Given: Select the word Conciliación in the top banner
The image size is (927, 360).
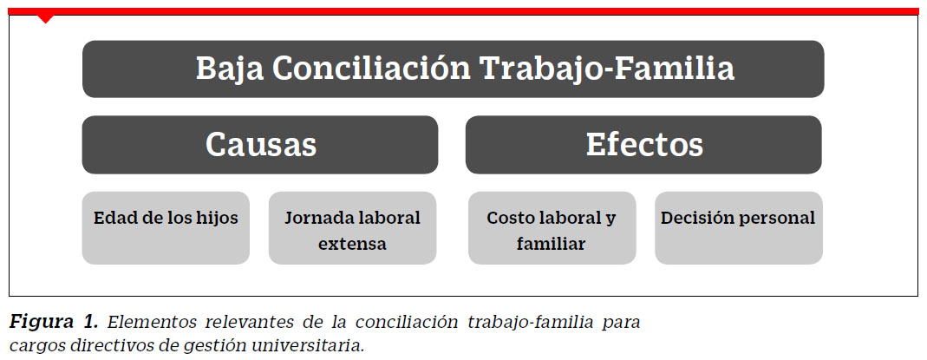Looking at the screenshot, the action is [371, 69].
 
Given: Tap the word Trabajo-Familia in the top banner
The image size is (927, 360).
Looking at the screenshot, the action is [607, 69].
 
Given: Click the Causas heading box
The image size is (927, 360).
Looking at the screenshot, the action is [260, 145].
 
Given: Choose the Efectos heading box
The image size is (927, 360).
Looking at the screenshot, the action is [643, 145].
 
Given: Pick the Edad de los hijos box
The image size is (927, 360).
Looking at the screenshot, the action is [166, 227].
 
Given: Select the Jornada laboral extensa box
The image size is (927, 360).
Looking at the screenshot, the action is [352, 227].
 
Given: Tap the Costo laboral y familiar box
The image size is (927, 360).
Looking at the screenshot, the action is [552, 227].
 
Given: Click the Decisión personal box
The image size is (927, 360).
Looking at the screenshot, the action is [739, 227].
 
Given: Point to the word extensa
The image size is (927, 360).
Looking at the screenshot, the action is [352, 244].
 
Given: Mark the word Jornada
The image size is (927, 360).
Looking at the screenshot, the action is [317, 218].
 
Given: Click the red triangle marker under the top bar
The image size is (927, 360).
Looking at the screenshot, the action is [45, 19].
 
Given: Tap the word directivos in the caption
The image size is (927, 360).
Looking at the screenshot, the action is [109, 344].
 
